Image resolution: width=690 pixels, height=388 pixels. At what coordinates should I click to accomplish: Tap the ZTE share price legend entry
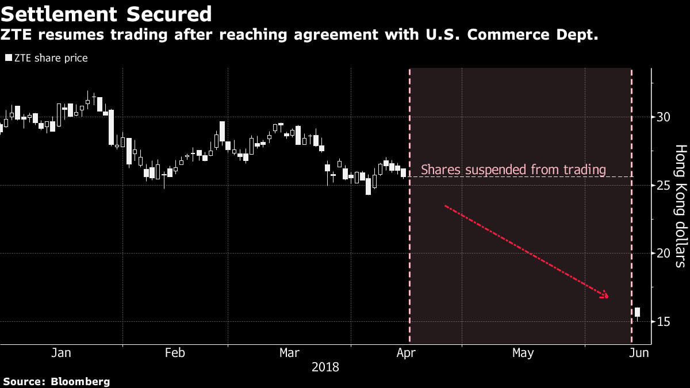coord(47,58)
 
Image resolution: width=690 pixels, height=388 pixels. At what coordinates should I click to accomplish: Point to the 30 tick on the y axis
coord(664,117)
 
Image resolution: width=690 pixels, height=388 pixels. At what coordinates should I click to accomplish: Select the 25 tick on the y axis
coord(664,185)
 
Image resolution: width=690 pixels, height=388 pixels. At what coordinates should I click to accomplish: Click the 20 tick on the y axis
coord(664,253)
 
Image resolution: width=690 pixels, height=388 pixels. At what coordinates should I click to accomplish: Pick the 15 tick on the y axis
coord(664,321)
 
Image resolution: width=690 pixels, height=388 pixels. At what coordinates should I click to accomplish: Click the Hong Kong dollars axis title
coord(680,206)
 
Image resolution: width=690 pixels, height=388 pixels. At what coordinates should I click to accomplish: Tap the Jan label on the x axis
coord(61,353)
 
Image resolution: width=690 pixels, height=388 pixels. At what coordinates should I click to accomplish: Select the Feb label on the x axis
coord(175,353)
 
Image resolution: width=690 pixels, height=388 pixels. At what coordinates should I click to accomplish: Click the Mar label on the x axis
coord(289,353)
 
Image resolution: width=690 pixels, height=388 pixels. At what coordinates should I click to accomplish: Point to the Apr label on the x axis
coord(407,353)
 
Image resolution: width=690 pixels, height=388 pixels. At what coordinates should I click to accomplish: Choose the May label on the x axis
coord(523,353)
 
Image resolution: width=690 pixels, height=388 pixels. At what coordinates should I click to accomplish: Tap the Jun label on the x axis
coord(639,353)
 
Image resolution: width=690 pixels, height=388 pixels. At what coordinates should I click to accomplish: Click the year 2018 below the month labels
coord(325,367)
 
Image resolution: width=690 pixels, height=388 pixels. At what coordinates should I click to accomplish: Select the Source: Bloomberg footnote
coord(56,381)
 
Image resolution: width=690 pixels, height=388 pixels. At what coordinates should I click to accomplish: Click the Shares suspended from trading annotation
coord(513,170)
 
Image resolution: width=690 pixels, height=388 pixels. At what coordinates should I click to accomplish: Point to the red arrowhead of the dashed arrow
coord(604,296)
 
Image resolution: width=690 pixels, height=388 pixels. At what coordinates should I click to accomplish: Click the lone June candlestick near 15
coord(637,313)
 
